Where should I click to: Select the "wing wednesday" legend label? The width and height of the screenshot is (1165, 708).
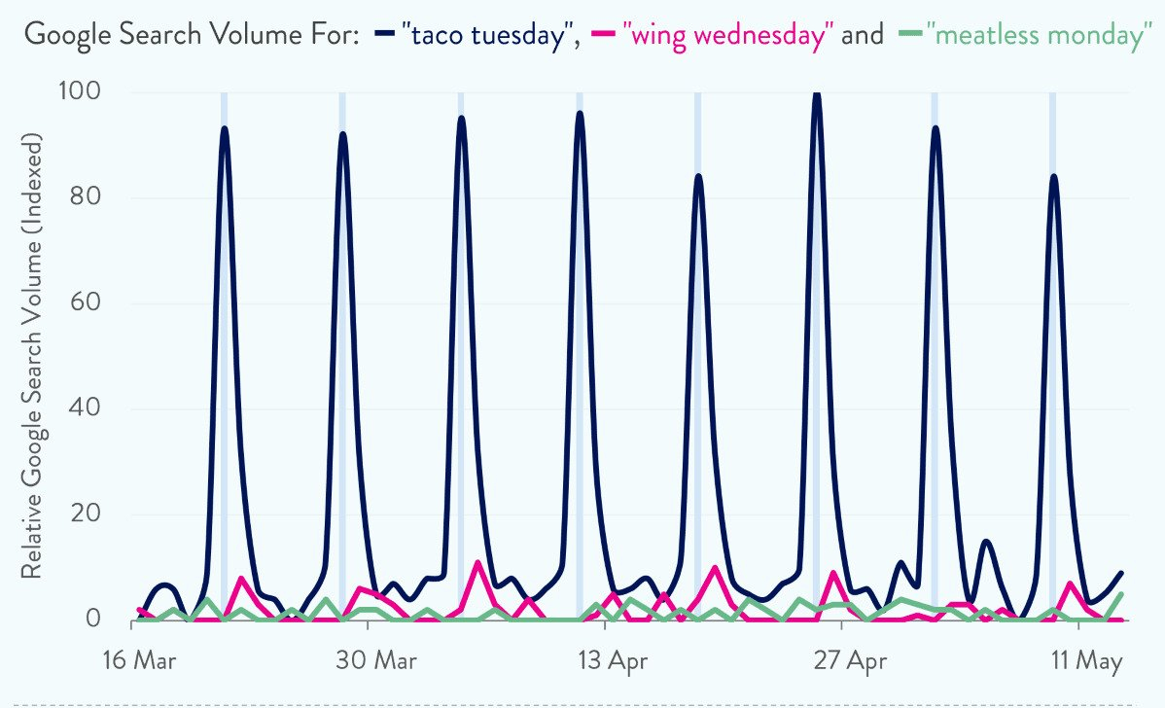[731, 36]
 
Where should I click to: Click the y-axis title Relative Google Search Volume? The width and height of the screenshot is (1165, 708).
[32, 355]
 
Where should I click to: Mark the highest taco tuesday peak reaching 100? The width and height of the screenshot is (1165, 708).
[817, 94]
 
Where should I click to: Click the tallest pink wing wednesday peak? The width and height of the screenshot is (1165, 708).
[477, 562]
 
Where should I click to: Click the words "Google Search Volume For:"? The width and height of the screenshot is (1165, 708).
[193, 36]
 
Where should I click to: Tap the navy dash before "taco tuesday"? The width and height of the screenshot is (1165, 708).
[386, 35]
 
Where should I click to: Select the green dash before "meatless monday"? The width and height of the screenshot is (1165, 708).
[910, 35]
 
